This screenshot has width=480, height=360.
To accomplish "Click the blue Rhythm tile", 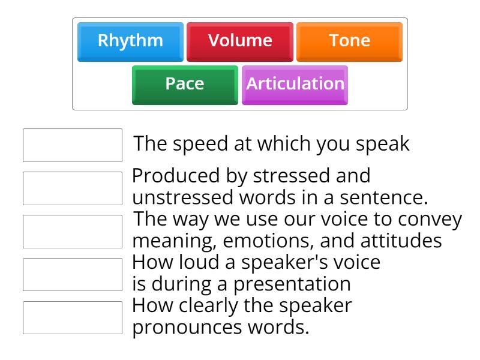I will pos(130,41).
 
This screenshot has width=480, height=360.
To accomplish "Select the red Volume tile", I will pos(240,41).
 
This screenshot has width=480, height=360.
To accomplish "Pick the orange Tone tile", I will pos(349,41).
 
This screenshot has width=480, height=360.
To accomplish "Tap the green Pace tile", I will pos(185,84).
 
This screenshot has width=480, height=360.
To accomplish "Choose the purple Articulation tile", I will pos(295,84).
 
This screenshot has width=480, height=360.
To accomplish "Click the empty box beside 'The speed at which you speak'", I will pos(73,145).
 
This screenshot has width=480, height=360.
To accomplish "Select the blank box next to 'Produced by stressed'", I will pos(73,188).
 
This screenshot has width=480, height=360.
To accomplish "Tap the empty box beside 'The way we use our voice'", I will pos(73,231).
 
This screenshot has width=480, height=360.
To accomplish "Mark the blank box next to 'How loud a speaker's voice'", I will pos(73,274).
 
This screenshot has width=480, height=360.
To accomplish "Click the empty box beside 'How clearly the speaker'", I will pos(73,317).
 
